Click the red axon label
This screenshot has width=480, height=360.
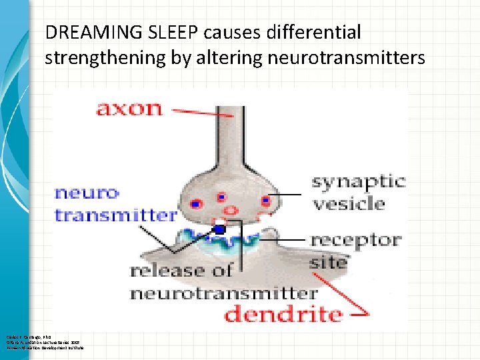129,107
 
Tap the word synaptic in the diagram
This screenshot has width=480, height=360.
359,181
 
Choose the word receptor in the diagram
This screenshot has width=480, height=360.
355,239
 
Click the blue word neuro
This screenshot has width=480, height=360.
87,193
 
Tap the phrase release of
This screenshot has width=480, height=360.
180,271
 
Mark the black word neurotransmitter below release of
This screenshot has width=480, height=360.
223,293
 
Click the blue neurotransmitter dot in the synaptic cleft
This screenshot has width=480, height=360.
220,229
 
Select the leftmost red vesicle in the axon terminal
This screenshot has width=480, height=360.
197,202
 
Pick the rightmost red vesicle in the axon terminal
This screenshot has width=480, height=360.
265,200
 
